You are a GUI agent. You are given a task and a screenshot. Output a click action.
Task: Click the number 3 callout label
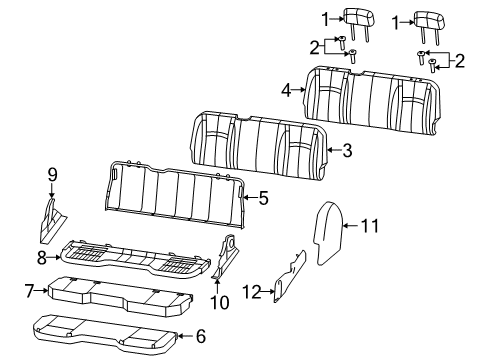(346, 151)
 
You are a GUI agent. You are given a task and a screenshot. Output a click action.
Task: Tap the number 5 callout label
(263, 199)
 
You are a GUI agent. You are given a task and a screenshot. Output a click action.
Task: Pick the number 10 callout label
(220, 301)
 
